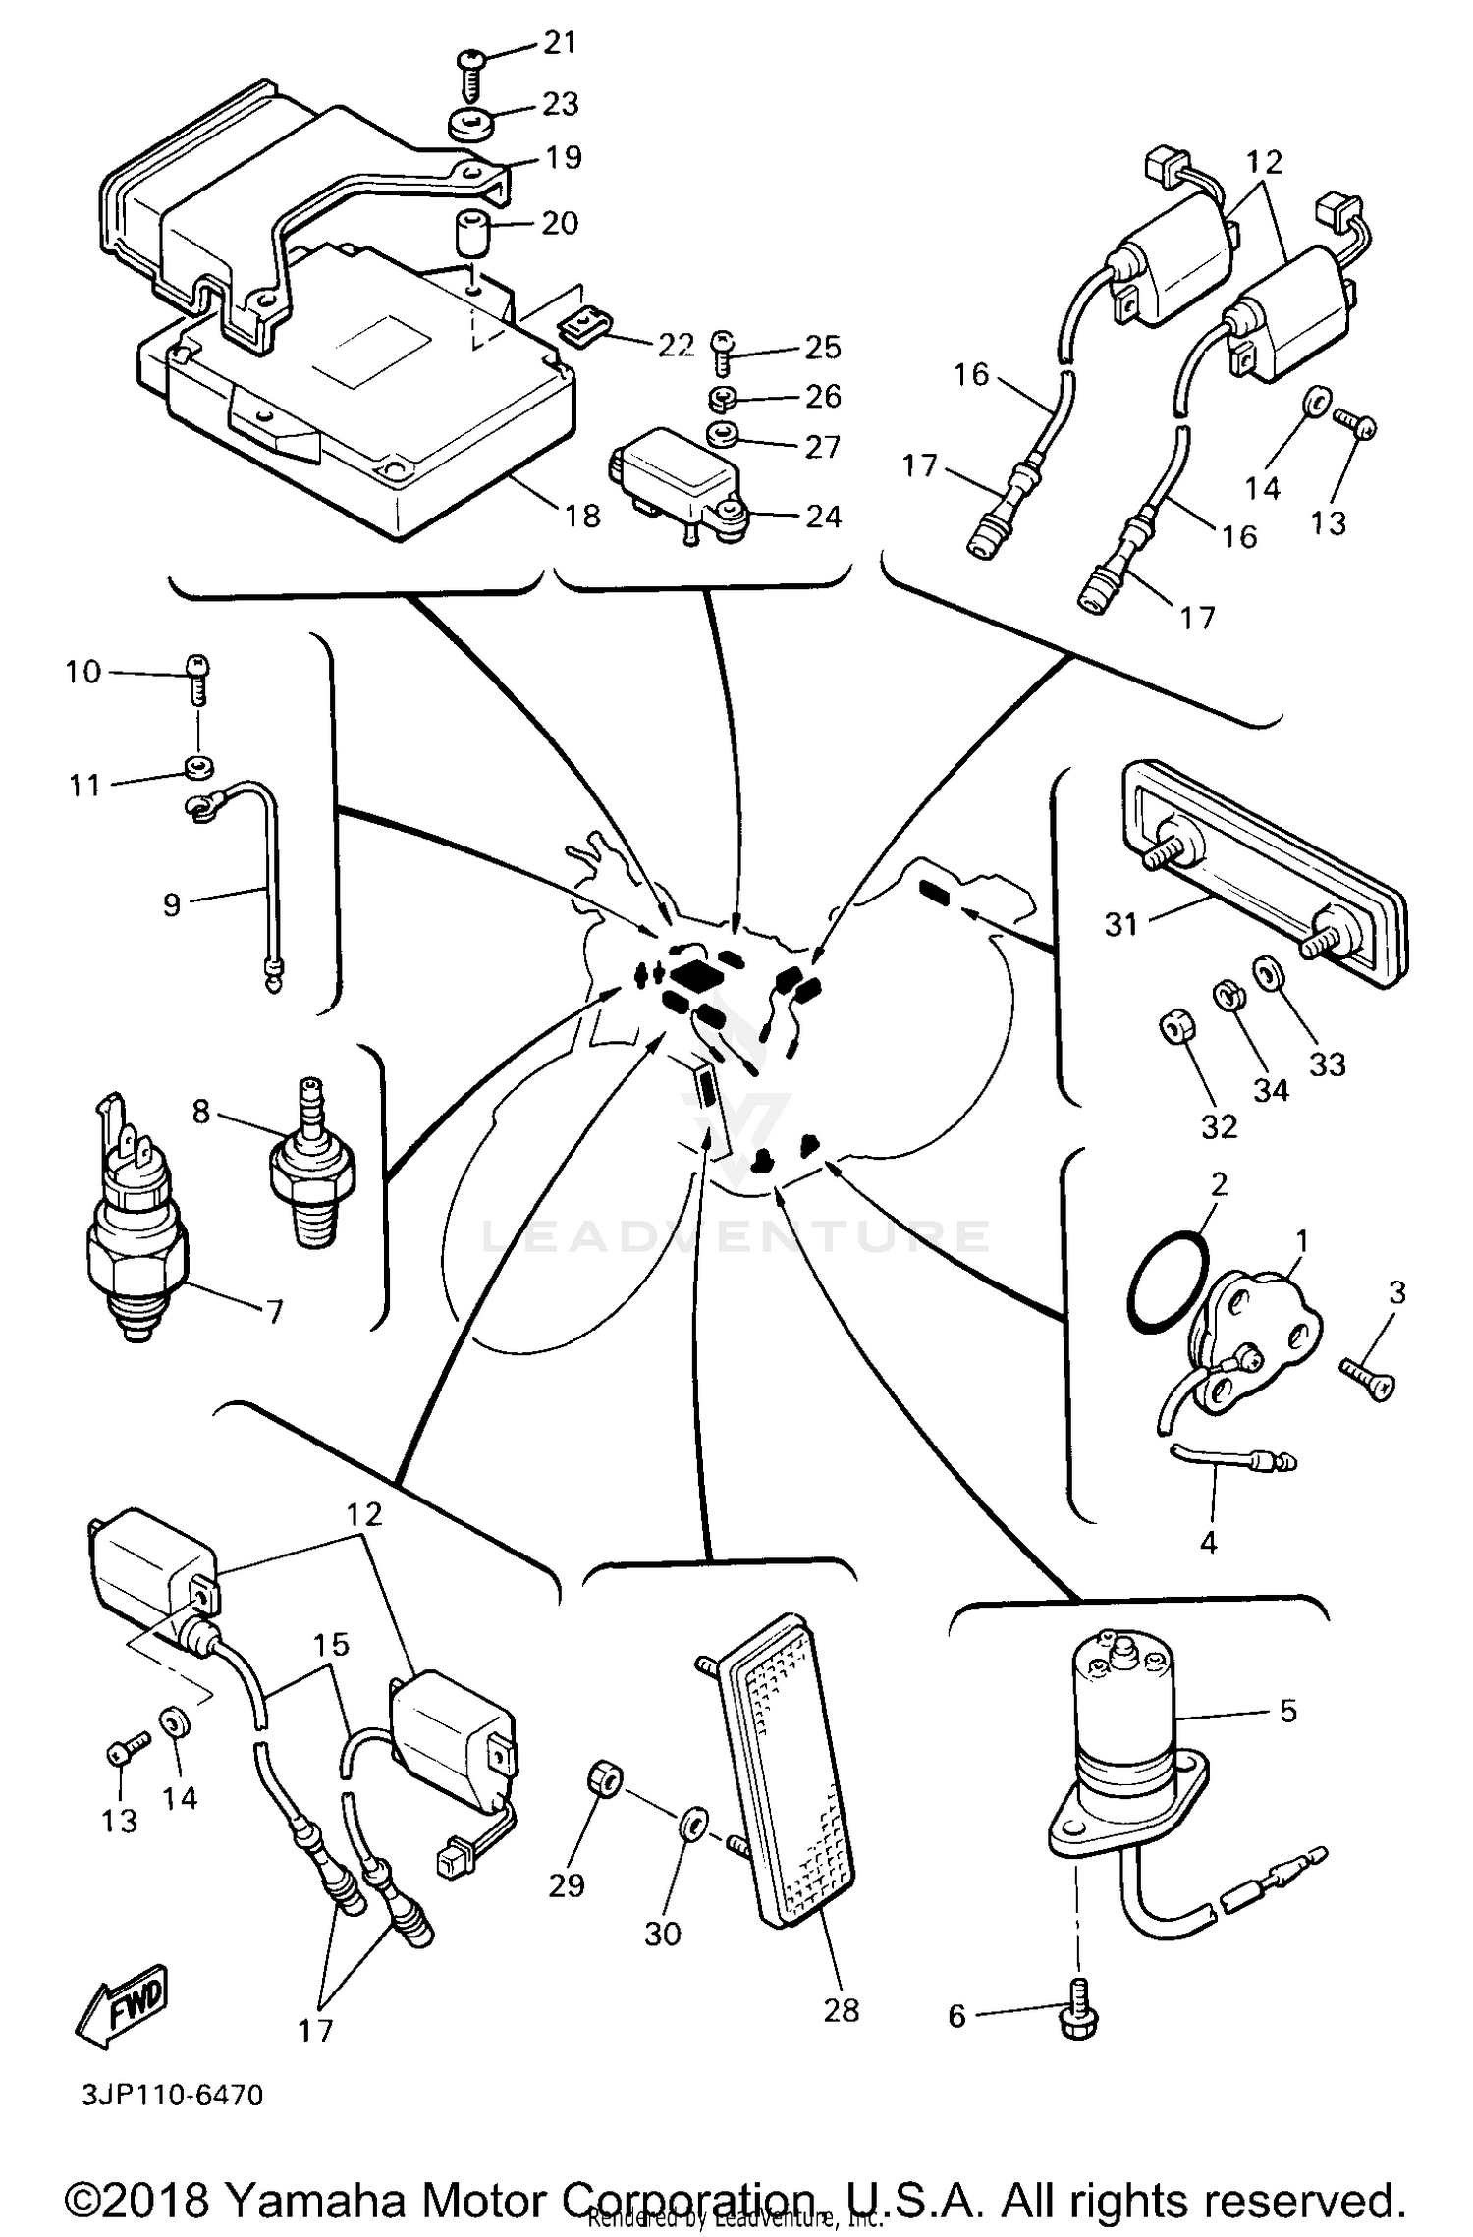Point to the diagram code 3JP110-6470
point(173,2096)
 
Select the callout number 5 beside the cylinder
point(1288,1710)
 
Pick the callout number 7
point(273,1310)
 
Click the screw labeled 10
point(198,676)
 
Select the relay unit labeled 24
point(678,481)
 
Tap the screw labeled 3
point(1368,1376)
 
